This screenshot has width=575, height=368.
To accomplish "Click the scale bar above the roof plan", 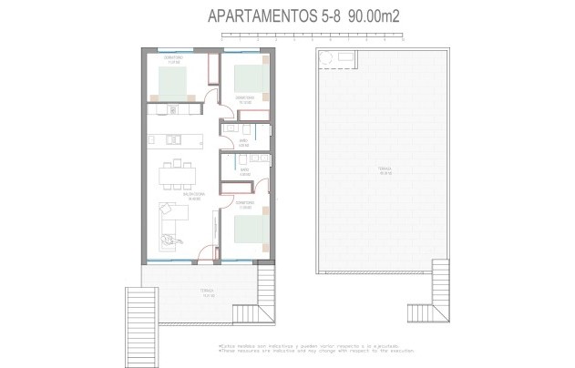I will pyautogui.click(x=314, y=37).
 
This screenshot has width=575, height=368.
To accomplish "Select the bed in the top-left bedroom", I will pyautogui.click(x=174, y=84).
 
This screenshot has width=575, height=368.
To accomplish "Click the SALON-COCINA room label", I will pyautogui.click(x=168, y=195).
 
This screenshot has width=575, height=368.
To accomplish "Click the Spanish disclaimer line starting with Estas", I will pyautogui.click(x=302, y=347).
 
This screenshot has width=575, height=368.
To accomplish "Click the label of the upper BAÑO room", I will pyautogui.click(x=243, y=141).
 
